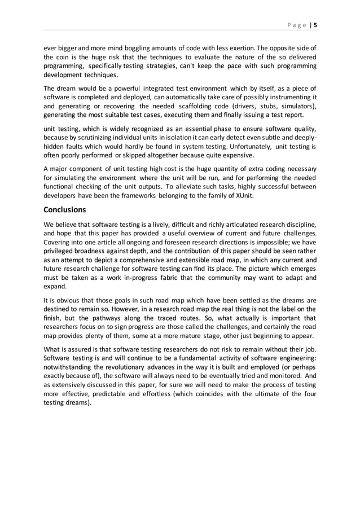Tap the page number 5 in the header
point(315,25)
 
